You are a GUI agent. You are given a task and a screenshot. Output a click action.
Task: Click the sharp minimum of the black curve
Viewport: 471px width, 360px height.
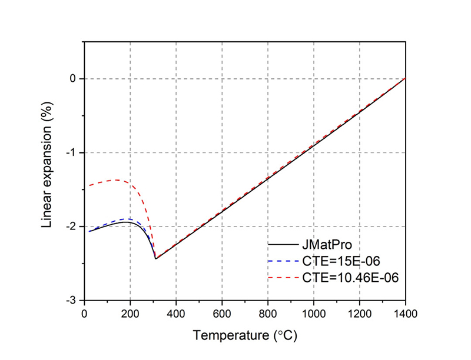(155, 259)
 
